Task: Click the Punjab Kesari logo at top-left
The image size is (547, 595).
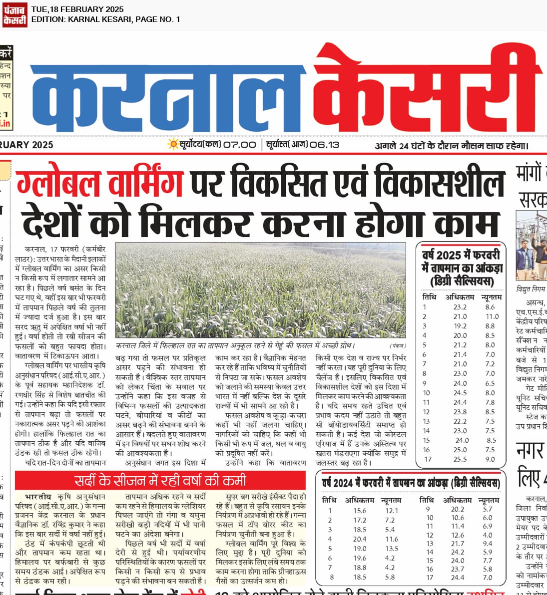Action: (x=14, y=14)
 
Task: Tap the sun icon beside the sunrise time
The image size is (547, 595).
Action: (x=173, y=144)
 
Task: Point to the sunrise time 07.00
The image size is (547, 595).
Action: (x=239, y=145)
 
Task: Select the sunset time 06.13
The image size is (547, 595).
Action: (x=324, y=145)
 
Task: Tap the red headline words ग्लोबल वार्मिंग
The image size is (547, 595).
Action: (x=100, y=183)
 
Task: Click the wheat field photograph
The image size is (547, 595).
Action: (x=260, y=290)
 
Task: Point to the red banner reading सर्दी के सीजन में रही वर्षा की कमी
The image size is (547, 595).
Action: (x=160, y=481)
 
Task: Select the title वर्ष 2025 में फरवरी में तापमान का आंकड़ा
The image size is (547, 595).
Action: (x=461, y=268)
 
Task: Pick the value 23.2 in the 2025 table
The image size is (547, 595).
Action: (x=460, y=307)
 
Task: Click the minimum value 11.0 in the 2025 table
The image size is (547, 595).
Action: (x=492, y=316)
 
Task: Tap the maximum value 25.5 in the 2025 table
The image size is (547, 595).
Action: (x=460, y=459)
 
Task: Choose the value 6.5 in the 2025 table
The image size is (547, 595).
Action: (x=490, y=383)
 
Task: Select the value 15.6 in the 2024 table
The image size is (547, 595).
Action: (x=360, y=511)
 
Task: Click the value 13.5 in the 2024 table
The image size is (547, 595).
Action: (x=392, y=549)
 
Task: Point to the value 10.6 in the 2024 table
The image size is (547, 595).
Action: (x=458, y=518)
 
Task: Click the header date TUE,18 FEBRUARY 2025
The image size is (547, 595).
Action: (x=77, y=9)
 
